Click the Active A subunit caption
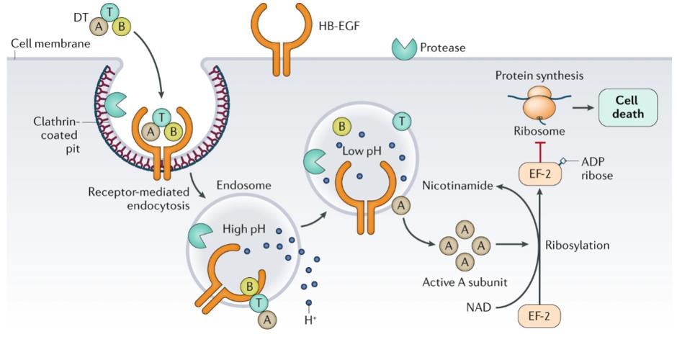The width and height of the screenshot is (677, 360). [x=465, y=282]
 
